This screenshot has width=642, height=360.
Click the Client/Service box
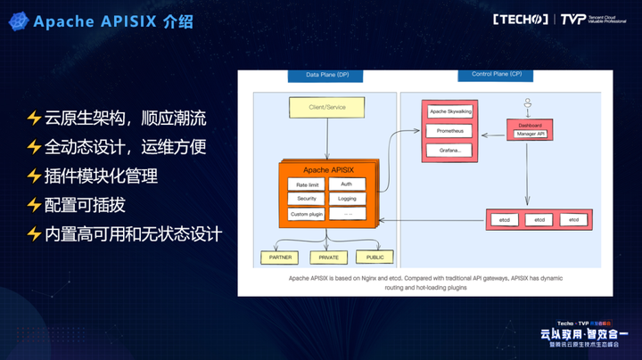point(326,108)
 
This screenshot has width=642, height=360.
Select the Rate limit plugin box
point(301,184)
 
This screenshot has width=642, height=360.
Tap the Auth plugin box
point(347,184)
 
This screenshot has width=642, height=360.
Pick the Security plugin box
point(301,199)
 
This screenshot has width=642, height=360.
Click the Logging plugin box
point(347,199)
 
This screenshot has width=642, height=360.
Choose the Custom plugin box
point(305,214)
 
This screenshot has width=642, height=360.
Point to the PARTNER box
point(281,257)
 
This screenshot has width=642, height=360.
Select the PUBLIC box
point(374,257)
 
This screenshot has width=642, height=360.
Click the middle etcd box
point(539,219)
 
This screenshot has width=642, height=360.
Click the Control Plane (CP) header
point(497,74)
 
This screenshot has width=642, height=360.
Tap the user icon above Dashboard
point(528,102)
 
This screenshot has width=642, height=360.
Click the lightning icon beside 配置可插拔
point(34,205)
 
